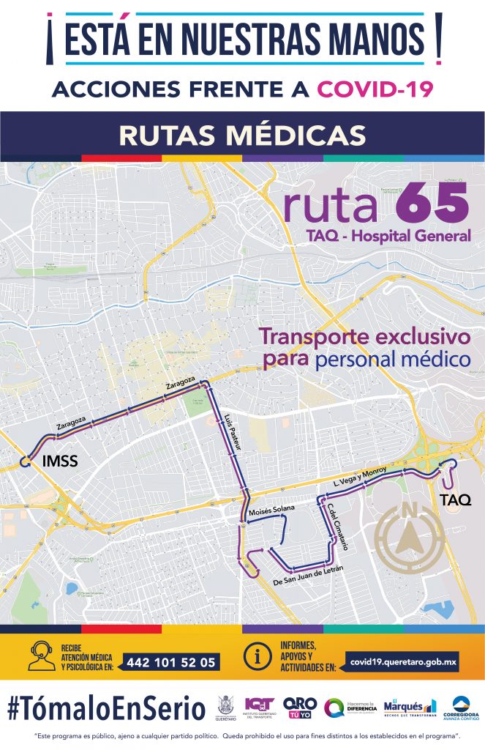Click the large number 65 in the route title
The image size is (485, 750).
pos(432,202)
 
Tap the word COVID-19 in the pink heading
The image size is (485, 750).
pos(375,89)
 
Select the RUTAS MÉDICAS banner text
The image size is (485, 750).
pos(242,135)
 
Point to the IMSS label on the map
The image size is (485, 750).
pos(59,461)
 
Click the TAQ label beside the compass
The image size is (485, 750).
pos(455,501)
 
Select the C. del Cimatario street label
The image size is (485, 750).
pos(337,527)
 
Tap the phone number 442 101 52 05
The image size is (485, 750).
pos(171,662)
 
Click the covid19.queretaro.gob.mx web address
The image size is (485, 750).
pos(403,661)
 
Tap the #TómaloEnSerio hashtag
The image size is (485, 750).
pos(106,708)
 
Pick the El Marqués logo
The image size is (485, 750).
pos(409,707)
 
